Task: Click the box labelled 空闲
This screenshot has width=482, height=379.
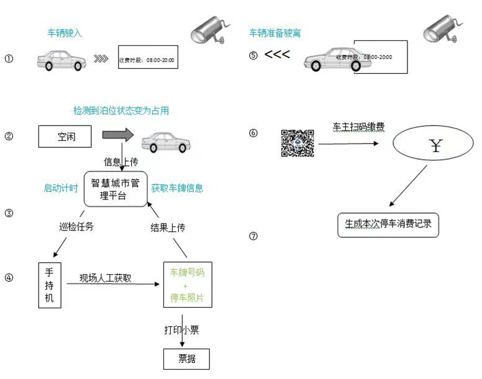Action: pos(65,136)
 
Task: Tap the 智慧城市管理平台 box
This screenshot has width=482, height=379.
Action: pos(116,189)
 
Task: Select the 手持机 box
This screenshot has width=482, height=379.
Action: pos(50,285)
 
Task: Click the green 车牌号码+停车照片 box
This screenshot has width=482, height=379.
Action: pos(187,285)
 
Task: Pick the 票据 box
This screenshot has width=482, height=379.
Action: pos(186,359)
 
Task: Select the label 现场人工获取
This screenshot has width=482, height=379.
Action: pos(106,278)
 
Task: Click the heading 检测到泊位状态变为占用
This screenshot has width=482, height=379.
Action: pos(121,111)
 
